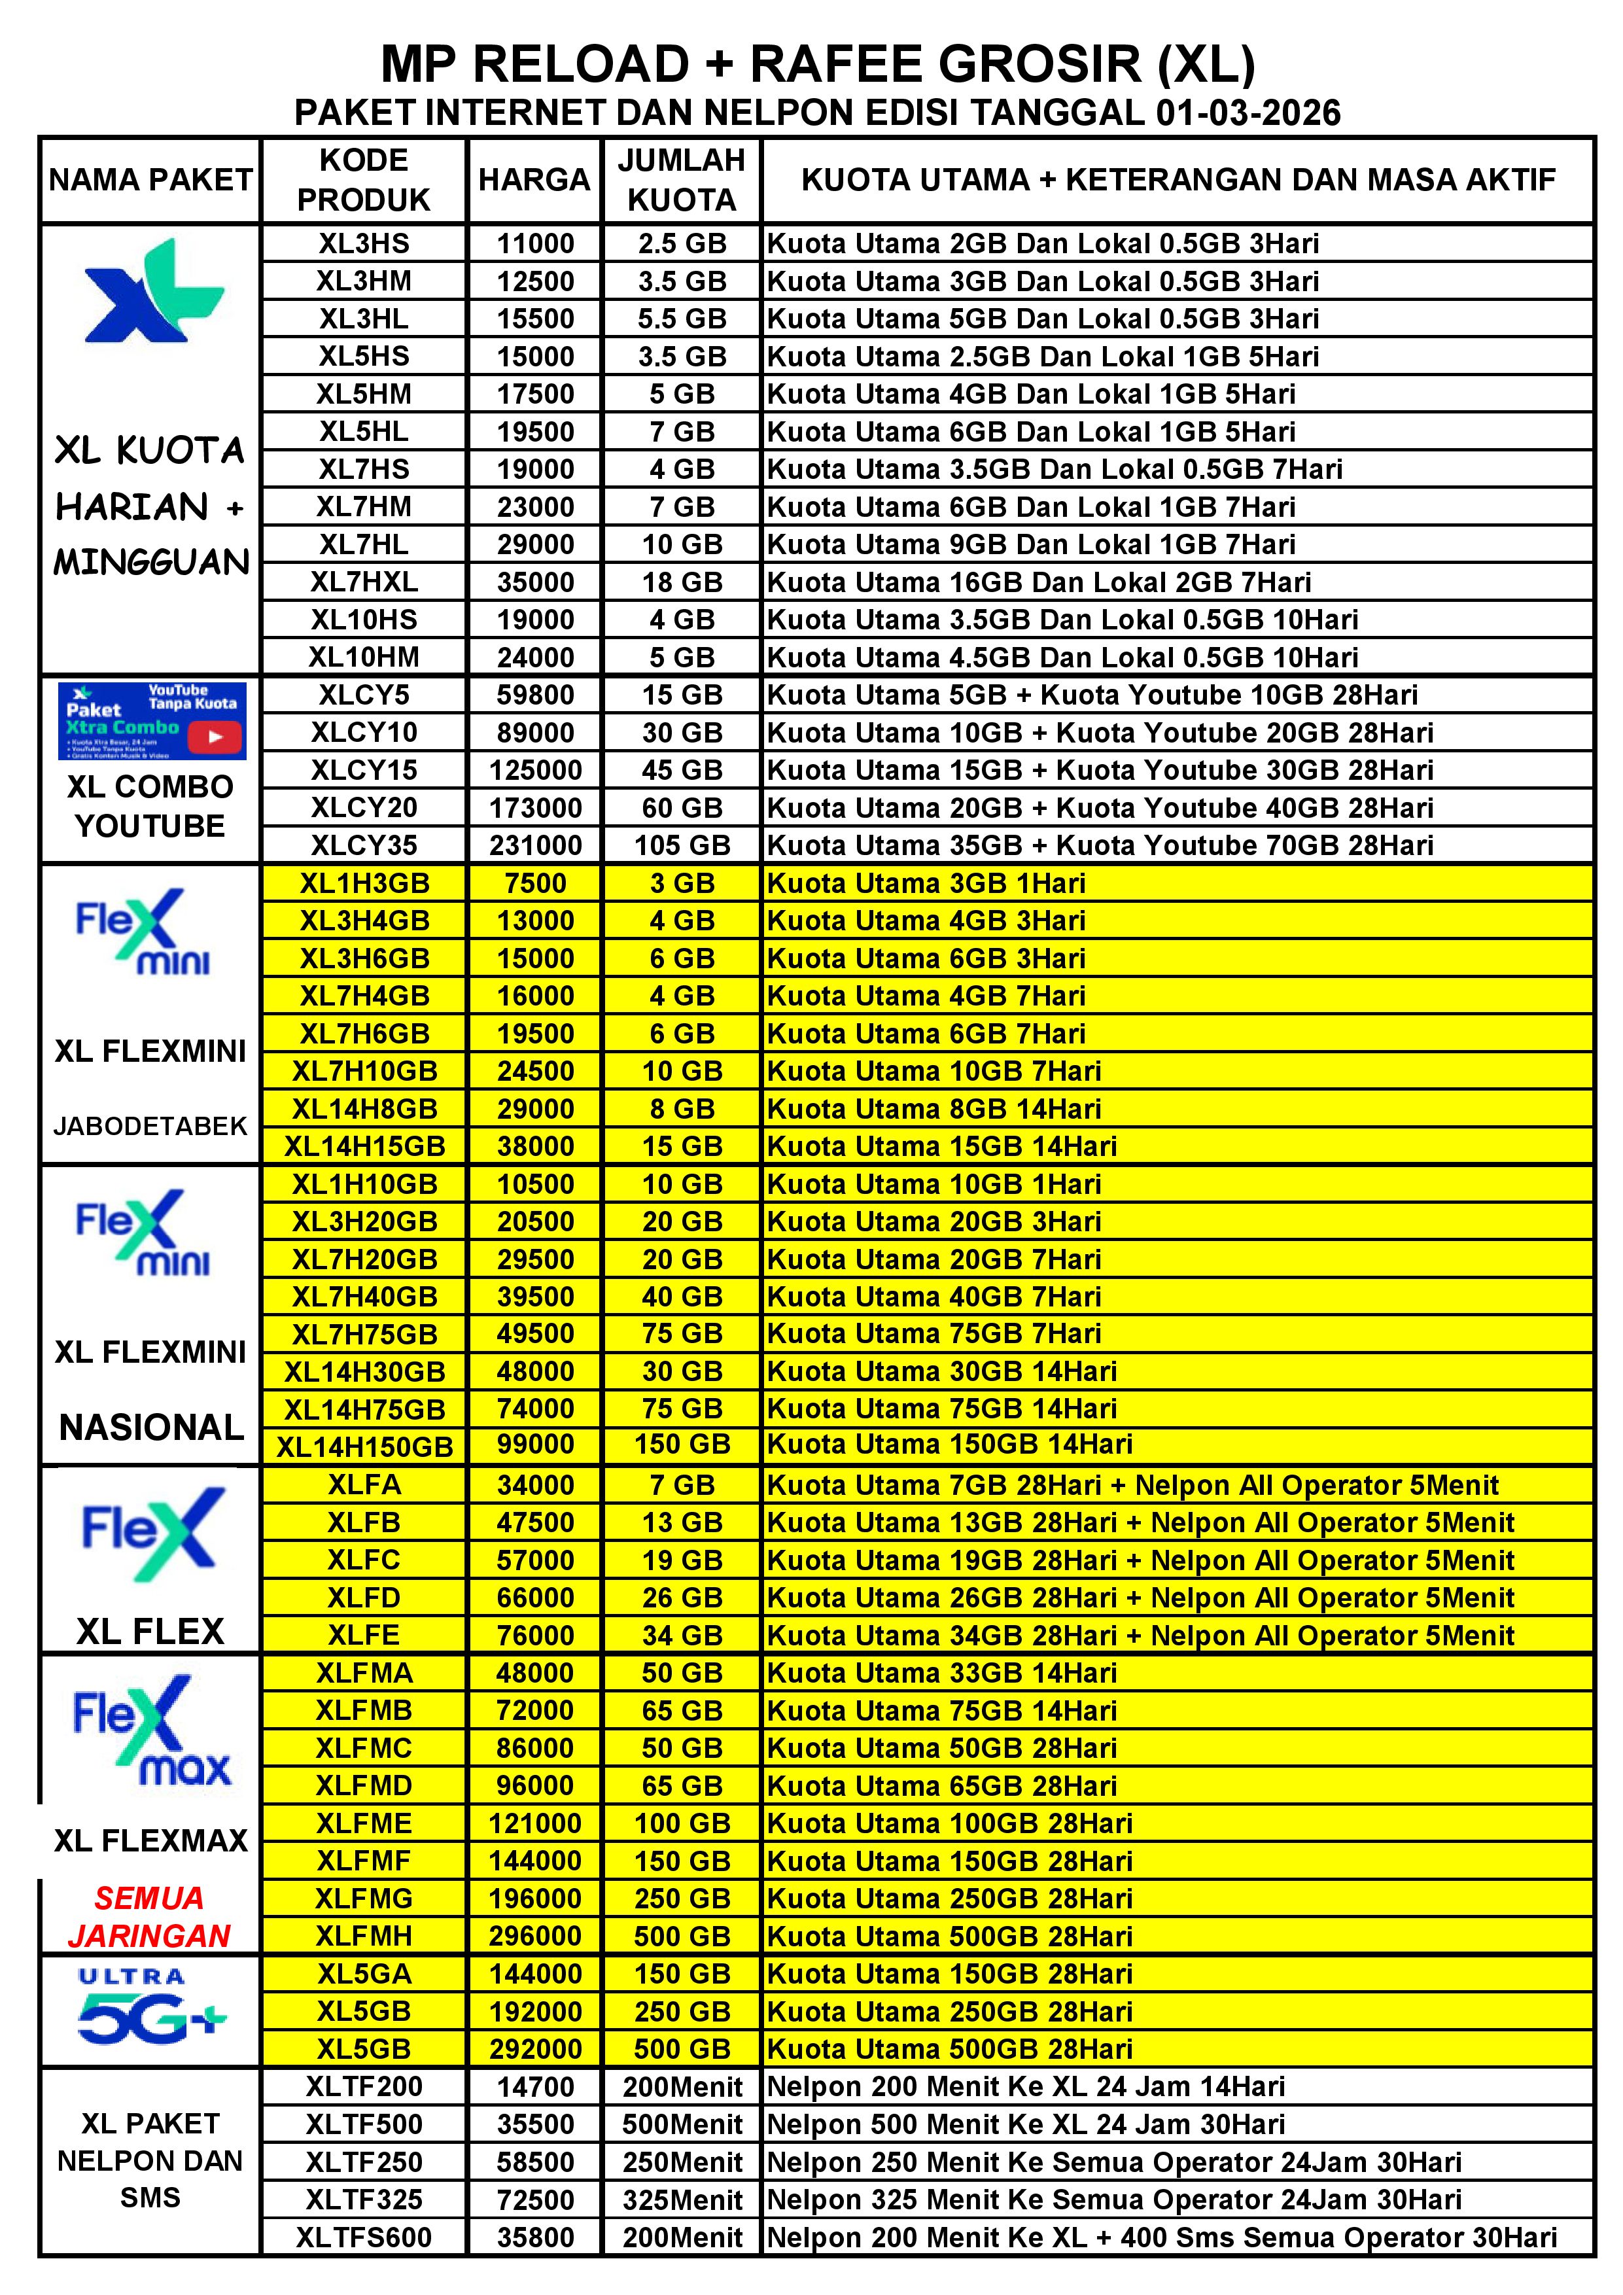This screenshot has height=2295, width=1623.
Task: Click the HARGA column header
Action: point(534,180)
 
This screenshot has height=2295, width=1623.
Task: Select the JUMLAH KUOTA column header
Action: point(682,180)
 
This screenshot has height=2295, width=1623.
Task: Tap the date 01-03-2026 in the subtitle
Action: point(1248,113)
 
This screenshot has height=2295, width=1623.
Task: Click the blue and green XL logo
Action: point(152,292)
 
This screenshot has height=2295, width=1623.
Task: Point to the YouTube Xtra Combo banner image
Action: point(151,720)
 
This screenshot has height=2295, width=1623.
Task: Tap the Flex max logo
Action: point(151,1731)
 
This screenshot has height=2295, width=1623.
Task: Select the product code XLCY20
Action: point(364,808)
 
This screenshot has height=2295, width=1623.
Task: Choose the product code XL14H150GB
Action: point(364,1446)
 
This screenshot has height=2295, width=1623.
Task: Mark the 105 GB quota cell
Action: point(682,846)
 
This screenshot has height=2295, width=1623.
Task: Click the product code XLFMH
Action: point(364,1936)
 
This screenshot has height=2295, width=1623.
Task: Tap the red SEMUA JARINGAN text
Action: point(150,1917)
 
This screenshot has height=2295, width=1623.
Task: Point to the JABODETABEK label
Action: point(150,1127)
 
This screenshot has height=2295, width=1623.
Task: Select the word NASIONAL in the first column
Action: point(151,1428)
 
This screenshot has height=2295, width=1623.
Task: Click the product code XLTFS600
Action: point(364,2238)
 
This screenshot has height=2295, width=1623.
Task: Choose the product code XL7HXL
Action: point(364,582)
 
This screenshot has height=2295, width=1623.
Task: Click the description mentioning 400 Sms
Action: point(1161,2238)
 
